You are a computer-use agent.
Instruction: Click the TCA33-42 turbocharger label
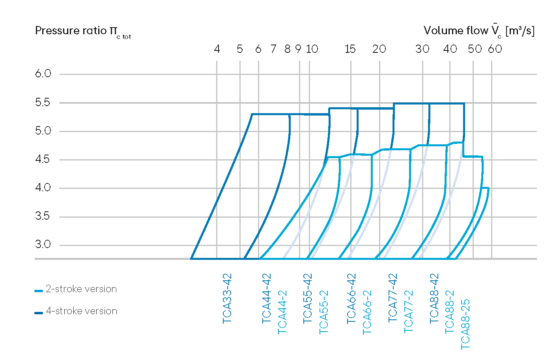point(227,298)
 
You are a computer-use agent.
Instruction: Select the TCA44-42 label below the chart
point(267,298)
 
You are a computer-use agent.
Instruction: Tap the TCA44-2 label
point(282,312)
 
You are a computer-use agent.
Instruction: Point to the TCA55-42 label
point(308,298)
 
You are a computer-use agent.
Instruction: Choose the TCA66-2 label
point(367,312)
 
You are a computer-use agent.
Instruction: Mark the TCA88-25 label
point(465,324)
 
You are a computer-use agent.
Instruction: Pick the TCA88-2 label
point(450,312)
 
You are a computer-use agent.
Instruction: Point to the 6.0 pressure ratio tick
point(43,74)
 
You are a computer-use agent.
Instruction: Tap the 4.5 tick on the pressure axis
point(43,159)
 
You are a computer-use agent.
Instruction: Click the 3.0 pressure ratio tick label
point(43,244)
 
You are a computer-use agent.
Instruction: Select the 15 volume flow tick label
point(350,49)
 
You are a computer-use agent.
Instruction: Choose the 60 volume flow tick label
point(495,49)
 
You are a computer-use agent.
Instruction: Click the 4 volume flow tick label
point(217,49)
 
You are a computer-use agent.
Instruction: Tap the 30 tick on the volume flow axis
point(422,49)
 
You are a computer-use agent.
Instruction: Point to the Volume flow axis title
point(479,31)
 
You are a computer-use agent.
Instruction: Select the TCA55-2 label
point(323,312)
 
